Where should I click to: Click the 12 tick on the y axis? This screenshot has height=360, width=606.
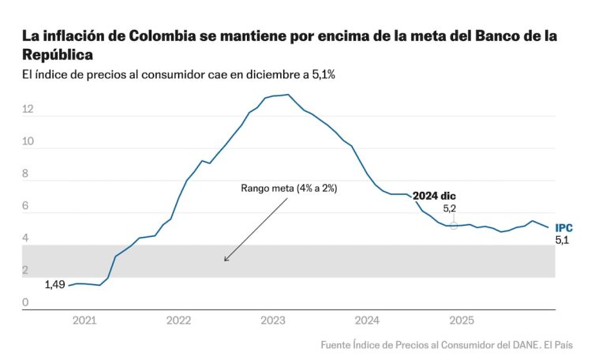pyautogui.click(x=28, y=109)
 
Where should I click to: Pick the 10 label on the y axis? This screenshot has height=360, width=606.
pyautogui.click(x=28, y=141)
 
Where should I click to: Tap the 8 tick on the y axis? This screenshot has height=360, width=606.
pyautogui.click(x=25, y=174)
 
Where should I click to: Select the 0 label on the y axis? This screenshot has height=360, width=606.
pyautogui.click(x=25, y=302)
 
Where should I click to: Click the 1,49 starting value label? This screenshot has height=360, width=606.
pyautogui.click(x=54, y=284)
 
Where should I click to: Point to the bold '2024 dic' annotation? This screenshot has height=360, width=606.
pyautogui.click(x=434, y=196)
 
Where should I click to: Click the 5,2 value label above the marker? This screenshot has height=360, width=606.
pyautogui.click(x=450, y=209)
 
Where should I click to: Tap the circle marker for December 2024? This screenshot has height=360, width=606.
pyautogui.click(x=453, y=226)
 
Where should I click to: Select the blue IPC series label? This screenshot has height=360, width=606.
pyautogui.click(x=563, y=227)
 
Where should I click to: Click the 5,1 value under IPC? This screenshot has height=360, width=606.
pyautogui.click(x=562, y=240)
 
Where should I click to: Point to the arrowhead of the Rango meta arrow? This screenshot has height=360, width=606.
pyautogui.click(x=225, y=261)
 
